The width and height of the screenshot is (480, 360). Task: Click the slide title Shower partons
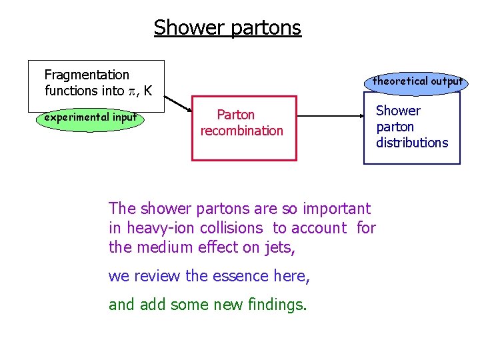point(227,28)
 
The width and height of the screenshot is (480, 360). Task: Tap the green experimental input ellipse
point(90,118)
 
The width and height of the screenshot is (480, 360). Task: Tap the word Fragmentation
point(87,75)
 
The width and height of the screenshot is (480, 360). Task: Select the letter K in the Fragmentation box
point(147,90)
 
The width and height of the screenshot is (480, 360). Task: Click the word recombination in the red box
point(242,131)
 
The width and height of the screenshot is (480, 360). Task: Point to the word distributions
point(412,143)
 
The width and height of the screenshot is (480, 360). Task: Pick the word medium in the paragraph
point(161,247)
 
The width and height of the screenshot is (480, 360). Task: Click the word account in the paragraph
point(319,228)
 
